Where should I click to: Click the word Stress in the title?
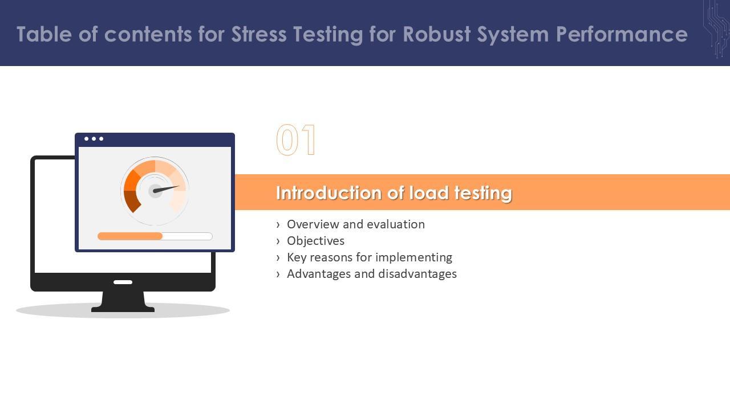(x=259, y=34)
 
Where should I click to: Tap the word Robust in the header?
(x=437, y=34)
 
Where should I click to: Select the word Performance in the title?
(x=622, y=34)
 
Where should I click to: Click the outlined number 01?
(x=296, y=140)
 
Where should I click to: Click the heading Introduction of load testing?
(x=394, y=193)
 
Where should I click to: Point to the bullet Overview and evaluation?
(x=355, y=224)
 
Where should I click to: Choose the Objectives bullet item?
(x=315, y=241)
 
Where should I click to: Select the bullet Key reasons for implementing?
(x=369, y=258)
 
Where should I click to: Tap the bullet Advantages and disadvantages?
(x=371, y=274)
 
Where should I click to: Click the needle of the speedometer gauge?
(x=166, y=189)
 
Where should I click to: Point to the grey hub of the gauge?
(x=155, y=191)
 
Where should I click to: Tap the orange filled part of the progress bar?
(x=130, y=236)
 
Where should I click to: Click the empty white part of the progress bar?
(x=188, y=236)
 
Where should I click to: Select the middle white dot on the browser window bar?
(x=94, y=139)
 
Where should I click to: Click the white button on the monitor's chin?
(x=123, y=282)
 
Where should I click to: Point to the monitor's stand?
(x=123, y=301)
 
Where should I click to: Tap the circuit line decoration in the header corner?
(x=717, y=29)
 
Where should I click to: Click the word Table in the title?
(x=44, y=34)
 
